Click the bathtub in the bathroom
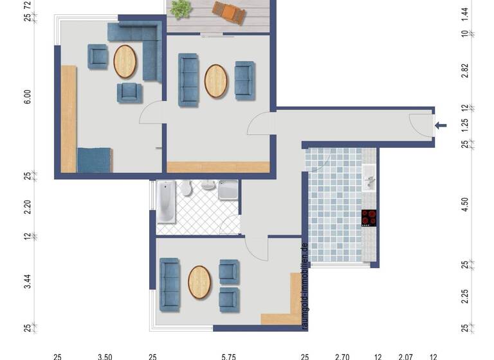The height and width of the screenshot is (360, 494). coord(166,202)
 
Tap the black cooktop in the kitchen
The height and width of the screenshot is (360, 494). coord(369,218)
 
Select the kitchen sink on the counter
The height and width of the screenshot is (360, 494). coord(369,178)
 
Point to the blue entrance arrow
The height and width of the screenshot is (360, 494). coord(441,125)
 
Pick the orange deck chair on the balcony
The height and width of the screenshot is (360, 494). coord(230,11)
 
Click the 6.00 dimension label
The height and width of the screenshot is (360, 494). coord(27,96)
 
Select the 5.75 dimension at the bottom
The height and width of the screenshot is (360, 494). coord(228,355)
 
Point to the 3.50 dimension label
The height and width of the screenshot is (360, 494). coord(105,355)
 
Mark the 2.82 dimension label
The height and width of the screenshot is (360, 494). coord(465,71)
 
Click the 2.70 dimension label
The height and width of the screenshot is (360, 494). coord(342,355)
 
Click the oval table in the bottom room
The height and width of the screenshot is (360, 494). coord(199,282)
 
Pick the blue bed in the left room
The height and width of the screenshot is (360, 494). coord(95,160)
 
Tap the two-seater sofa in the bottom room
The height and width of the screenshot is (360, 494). coord(169,282)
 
